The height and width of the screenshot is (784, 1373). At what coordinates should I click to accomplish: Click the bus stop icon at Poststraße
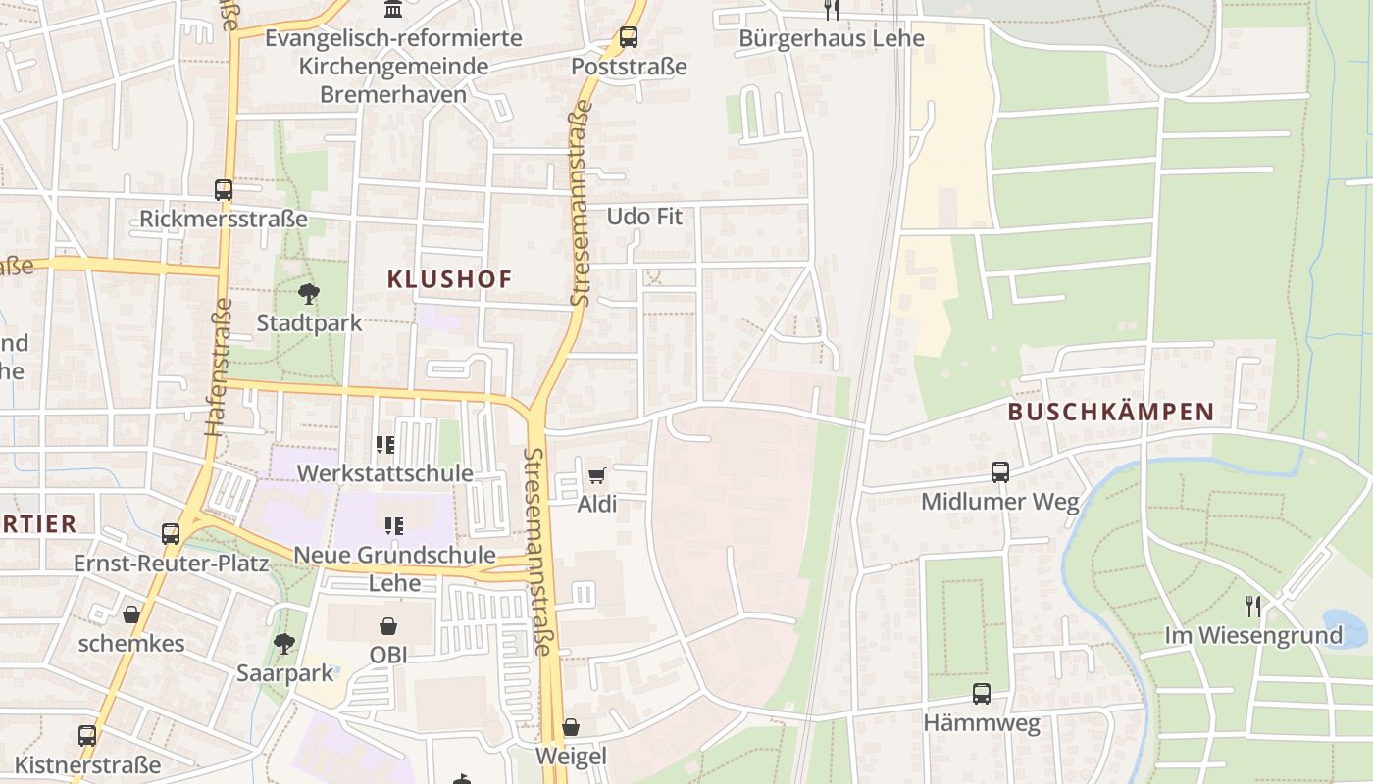coord(628,38)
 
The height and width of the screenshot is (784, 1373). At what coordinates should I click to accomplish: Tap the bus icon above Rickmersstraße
coord(224,190)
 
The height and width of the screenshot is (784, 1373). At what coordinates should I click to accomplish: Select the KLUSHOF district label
coord(449,279)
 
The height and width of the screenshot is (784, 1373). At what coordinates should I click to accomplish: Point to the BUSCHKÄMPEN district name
coord(1111,412)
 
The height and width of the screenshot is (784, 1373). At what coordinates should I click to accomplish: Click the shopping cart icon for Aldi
coord(597,476)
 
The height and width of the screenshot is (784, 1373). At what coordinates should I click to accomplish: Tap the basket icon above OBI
coord(388,625)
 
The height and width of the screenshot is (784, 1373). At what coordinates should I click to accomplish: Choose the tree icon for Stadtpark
coord(309,294)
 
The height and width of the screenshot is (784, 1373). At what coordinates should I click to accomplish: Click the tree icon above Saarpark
coord(284,644)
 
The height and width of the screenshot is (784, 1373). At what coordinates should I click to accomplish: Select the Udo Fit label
coord(643,217)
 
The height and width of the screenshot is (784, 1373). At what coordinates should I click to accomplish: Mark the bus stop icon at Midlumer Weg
coord(999,472)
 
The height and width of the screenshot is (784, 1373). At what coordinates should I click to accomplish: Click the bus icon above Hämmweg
coord(981,694)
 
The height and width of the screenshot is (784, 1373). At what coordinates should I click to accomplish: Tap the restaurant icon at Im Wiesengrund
coord(1252,606)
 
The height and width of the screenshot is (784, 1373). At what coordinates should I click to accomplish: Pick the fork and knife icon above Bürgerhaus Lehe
coord(832,10)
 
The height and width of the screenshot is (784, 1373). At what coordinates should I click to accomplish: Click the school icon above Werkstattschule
coord(385,445)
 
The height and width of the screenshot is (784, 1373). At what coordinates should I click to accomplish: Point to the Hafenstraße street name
coord(218,367)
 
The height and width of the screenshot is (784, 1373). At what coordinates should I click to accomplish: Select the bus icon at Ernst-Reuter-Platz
coord(171,534)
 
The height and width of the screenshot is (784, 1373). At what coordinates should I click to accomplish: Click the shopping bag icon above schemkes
coord(130,614)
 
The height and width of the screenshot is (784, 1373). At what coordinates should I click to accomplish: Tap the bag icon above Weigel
coord(570,727)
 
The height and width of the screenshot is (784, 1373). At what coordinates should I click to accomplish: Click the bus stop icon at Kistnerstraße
coord(87,735)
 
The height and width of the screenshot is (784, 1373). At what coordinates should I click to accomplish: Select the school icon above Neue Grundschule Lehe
coord(394,526)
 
